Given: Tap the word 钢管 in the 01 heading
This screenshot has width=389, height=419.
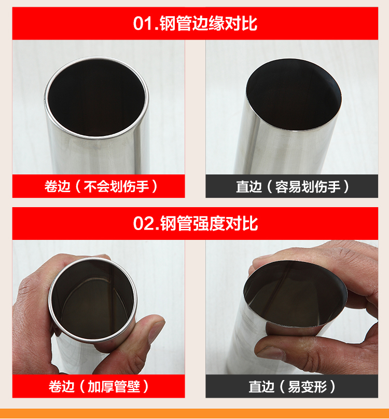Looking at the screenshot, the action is (x=176, y=23).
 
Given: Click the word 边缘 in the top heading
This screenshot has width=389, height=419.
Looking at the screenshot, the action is (x=209, y=23).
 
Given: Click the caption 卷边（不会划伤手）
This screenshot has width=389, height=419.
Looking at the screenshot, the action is (x=101, y=186).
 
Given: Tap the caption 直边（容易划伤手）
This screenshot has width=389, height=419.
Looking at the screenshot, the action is (x=292, y=186).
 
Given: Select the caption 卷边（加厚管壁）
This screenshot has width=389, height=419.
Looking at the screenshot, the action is (x=99, y=386).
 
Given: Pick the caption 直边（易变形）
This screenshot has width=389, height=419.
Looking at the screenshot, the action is (x=292, y=386).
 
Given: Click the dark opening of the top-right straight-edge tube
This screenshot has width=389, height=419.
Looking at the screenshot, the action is (x=294, y=95).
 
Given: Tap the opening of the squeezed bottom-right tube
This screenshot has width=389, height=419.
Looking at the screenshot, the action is (x=295, y=293).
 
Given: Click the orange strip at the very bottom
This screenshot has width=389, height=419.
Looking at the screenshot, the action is (x=195, y=414).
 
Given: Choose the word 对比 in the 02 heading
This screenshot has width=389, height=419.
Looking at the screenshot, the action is (x=242, y=223).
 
